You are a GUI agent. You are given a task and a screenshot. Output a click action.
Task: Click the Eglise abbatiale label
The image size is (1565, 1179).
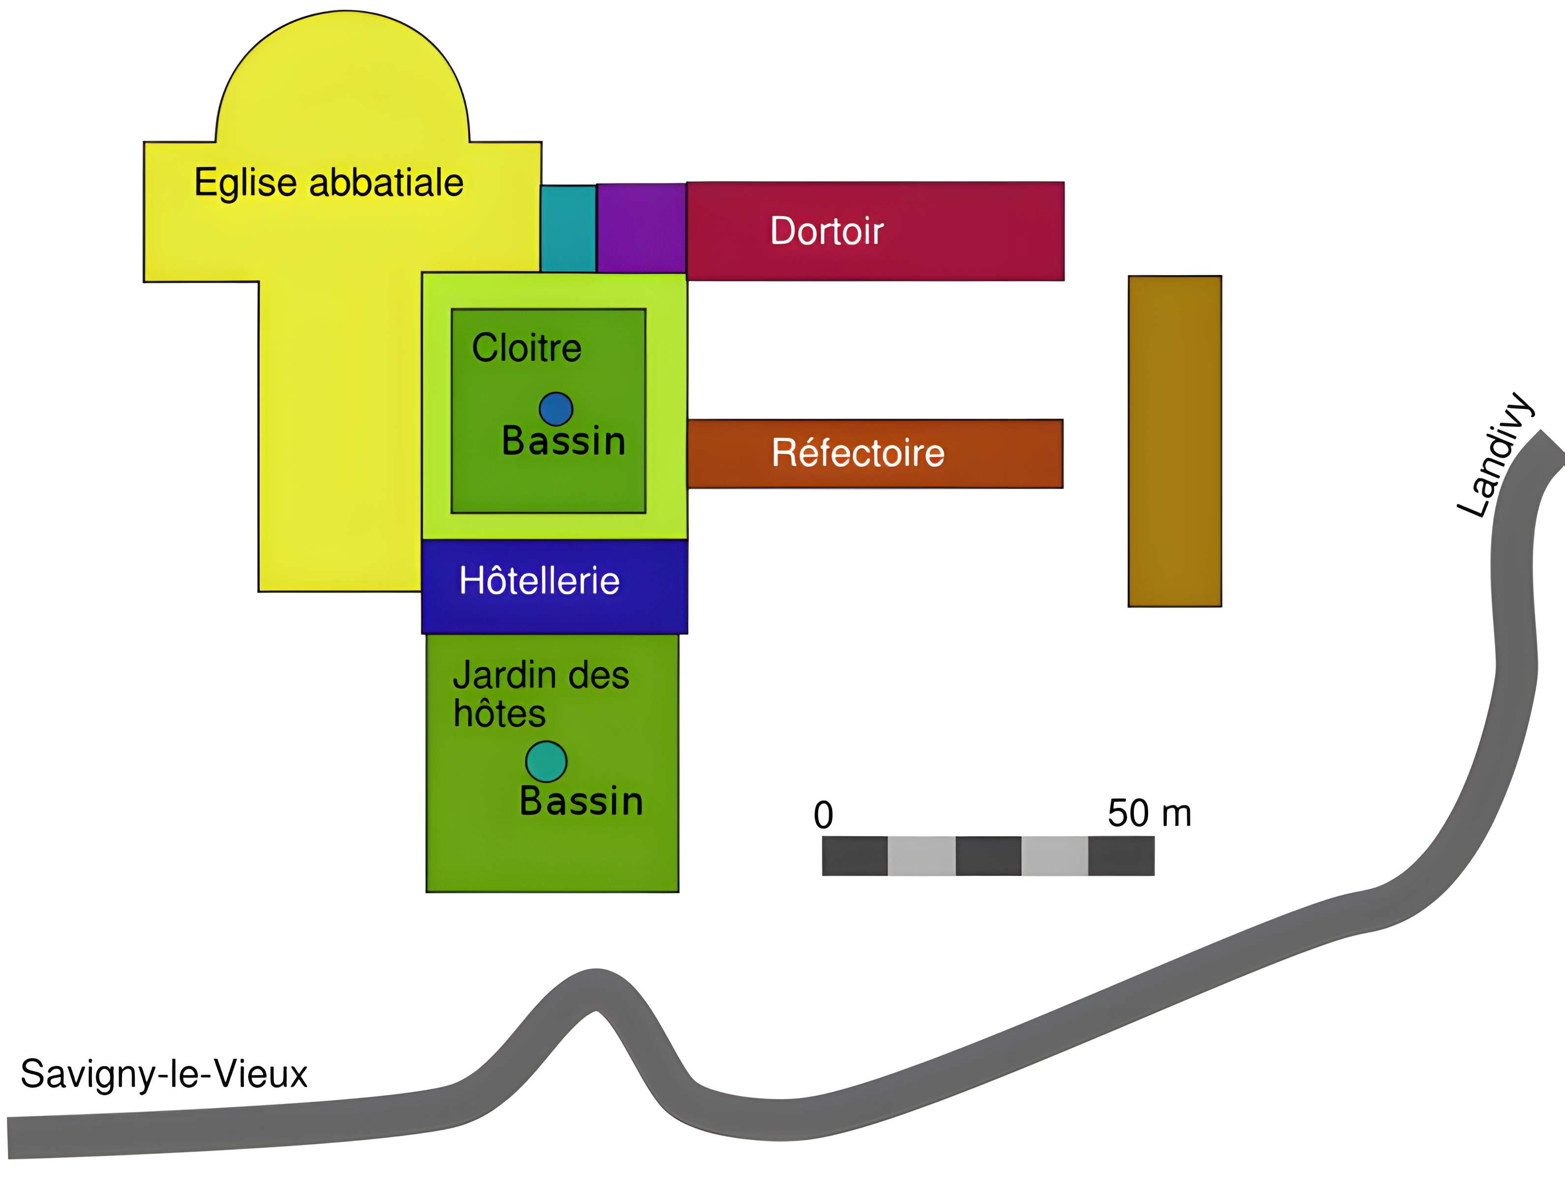pos(329,183)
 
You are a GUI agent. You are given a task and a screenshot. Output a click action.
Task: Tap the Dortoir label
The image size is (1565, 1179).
pos(826,231)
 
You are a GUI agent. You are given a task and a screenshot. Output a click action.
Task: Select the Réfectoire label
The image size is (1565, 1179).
pos(857,453)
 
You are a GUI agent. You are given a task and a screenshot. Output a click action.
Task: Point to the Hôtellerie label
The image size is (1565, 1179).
pos(539,581)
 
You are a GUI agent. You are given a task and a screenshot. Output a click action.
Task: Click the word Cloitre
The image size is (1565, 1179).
pos(527,348)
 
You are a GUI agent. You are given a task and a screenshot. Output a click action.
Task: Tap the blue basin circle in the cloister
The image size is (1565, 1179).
pos(556,409)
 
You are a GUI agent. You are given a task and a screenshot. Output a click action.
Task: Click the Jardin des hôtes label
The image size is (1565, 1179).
pos(540,693)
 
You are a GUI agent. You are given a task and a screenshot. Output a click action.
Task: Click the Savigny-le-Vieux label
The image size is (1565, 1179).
pos(164,1074)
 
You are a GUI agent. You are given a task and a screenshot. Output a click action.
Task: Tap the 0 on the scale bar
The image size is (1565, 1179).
pos(823,815)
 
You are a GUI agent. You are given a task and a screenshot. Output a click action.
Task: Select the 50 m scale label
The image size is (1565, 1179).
pos(1149,813)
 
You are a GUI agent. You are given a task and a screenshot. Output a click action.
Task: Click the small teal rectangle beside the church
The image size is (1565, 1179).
pos(568,228)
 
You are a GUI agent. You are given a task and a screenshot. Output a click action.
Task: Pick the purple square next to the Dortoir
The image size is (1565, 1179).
pos(641,228)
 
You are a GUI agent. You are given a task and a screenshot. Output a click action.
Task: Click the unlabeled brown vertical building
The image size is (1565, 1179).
pos(1174,440)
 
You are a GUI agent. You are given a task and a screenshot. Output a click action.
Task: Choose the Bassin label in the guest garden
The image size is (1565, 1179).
pos(581,801)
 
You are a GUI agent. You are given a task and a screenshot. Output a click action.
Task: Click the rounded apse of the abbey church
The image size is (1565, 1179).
pos(343,78)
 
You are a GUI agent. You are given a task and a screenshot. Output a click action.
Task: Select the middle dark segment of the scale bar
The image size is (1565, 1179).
pos(988,856)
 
